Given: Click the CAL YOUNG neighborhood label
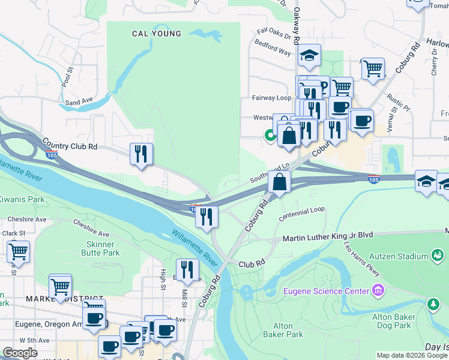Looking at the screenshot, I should [x=157, y=34].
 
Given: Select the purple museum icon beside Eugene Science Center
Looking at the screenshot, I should [x=378, y=292].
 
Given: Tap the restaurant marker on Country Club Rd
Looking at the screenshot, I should [x=141, y=154].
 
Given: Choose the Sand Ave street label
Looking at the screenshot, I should [x=79, y=101].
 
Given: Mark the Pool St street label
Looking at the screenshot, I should [x=65, y=77].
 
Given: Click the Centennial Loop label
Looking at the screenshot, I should [x=302, y=211].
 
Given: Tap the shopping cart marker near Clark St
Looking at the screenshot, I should [x=18, y=252].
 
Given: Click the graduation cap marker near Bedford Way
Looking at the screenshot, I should [x=309, y=56].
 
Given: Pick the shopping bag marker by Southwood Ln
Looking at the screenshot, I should [x=280, y=182].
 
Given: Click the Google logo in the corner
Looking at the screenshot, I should [x=20, y=353].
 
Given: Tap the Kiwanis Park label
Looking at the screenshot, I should [x=22, y=199].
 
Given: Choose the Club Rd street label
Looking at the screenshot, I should [x=252, y=264].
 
